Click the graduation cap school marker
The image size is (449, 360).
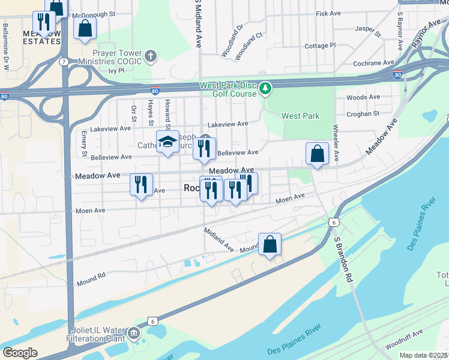click(x=168, y=142)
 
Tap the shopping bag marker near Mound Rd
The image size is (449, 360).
click(x=270, y=244)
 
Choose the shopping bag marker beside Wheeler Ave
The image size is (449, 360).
click(x=316, y=154)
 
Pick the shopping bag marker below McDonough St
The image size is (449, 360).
click(x=85, y=28)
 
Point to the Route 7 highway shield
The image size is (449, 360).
click(x=63, y=61)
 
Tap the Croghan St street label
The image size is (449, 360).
click(x=363, y=113)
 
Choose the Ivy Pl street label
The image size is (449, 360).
click(x=116, y=70)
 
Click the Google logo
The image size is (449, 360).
click(x=20, y=352)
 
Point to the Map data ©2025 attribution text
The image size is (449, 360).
click(x=423, y=355)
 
